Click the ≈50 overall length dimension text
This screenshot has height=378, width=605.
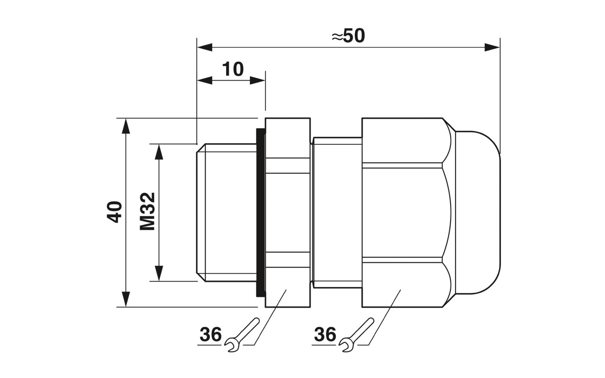[348, 36]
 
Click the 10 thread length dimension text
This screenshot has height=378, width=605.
[233, 69]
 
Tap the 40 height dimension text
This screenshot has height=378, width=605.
[115, 212]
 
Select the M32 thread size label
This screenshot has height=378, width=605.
[148, 211]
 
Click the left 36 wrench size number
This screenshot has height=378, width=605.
[211, 334]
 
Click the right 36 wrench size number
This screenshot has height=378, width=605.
[325, 334]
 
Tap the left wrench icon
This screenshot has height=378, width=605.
[242, 335]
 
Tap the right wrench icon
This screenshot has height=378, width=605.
[356, 335]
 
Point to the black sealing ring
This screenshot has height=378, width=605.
[261, 213]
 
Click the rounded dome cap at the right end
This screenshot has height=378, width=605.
[478, 213]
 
